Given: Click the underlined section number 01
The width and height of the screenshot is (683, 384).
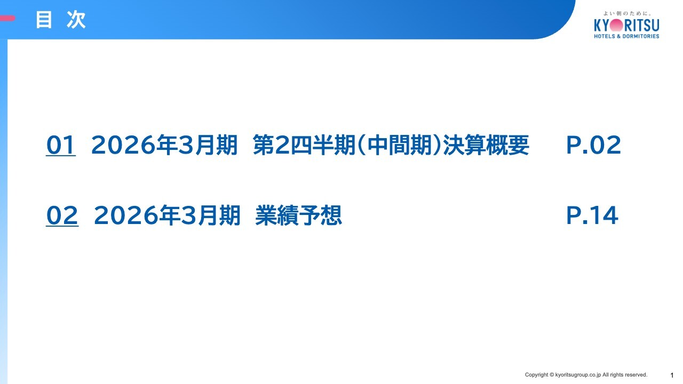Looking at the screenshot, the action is click(61, 145).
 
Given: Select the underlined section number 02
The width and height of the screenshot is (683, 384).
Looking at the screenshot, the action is click(62, 215).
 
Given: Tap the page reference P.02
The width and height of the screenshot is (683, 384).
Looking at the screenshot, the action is click(593, 145).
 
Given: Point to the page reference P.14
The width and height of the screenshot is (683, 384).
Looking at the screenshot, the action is click(592, 215).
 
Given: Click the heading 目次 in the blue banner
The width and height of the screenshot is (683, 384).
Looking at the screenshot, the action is click(61, 20).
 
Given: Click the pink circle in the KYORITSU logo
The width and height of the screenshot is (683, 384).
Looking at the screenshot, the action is click(616, 25).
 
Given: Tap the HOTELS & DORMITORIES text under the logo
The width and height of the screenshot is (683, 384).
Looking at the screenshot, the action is click(626, 36).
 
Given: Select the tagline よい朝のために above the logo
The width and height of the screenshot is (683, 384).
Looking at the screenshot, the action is click(627, 13).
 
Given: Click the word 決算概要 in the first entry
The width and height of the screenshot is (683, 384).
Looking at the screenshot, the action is click(486, 145).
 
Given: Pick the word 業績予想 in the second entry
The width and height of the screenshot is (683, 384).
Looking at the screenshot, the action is click(298, 215).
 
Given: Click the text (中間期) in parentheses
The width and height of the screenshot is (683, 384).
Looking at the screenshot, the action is click(399, 145).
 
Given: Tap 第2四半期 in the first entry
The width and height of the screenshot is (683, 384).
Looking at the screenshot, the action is click(304, 145).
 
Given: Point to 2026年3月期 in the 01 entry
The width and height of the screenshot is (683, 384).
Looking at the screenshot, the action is click(164, 145).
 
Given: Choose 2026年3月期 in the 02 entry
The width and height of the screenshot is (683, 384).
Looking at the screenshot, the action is click(167, 215).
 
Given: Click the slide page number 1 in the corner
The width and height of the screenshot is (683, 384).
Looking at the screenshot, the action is click(672, 375).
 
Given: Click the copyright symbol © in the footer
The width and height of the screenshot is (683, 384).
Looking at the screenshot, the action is click(551, 375).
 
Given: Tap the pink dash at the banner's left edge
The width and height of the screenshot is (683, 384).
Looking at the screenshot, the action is click(7, 18).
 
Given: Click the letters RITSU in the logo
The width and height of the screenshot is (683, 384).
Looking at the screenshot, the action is click(642, 25).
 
